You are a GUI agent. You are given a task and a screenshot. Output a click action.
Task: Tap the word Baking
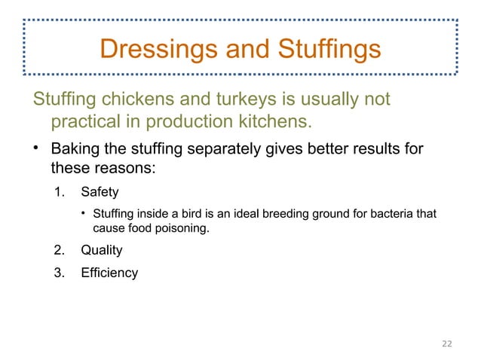click(x=76, y=147)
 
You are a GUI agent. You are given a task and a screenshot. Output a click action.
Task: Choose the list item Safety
click(x=100, y=192)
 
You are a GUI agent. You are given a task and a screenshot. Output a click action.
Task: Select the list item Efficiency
click(x=109, y=273)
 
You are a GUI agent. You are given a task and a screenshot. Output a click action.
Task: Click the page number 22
click(x=447, y=343)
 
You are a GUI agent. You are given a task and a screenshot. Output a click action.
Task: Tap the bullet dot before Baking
click(x=35, y=147)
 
